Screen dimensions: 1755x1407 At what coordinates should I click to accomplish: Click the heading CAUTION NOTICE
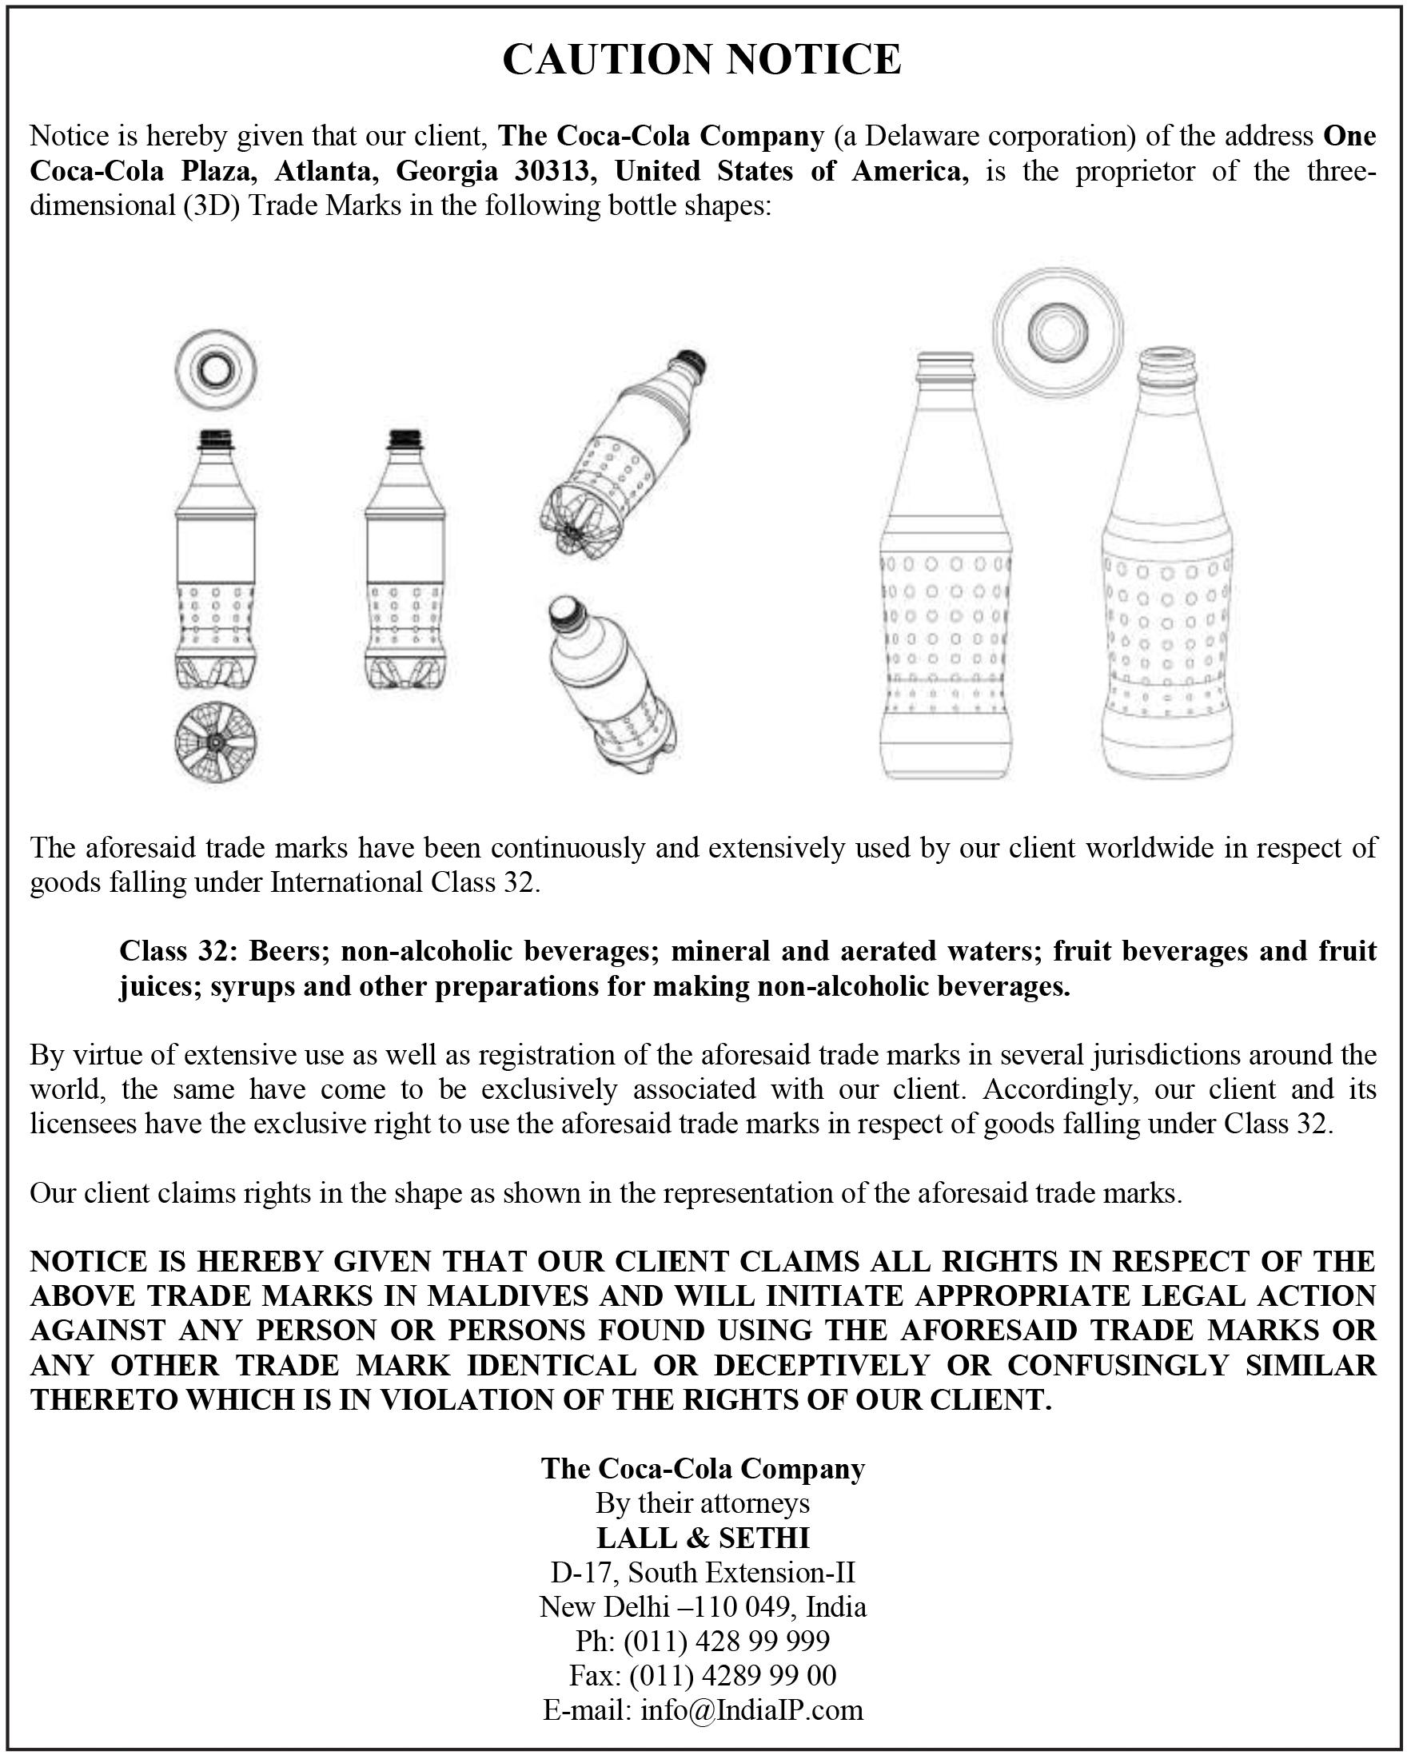coord(702,59)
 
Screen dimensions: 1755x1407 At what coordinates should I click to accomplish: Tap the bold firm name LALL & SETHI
coord(703,1538)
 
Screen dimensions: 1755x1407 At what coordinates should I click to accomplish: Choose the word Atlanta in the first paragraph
coord(324,172)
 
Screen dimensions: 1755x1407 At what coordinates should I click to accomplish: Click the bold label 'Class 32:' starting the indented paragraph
coord(178,950)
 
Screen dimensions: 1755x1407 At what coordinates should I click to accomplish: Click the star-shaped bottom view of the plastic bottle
coord(216,742)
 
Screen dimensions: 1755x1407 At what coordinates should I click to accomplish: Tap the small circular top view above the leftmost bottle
coord(216,371)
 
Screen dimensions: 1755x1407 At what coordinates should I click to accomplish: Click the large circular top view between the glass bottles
coord(1058,332)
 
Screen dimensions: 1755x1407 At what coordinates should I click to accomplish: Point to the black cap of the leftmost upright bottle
coord(216,440)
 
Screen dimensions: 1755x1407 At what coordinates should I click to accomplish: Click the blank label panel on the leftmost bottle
coord(216,551)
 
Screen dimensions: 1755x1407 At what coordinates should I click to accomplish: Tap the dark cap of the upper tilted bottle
coord(692,361)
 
